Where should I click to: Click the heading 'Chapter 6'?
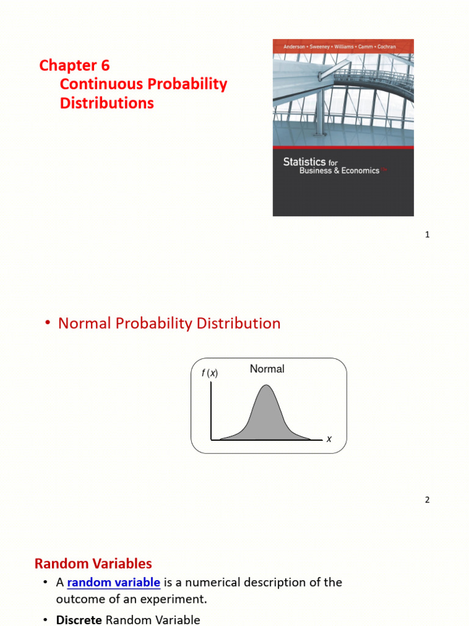(75, 65)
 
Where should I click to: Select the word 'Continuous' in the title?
(98, 84)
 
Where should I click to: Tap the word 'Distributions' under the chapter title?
(107, 103)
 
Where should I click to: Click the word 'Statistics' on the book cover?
(304, 162)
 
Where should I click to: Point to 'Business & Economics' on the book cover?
(339, 171)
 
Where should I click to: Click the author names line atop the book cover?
(343, 46)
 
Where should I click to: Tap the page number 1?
(427, 235)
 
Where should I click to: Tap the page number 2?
(427, 500)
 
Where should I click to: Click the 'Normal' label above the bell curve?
(267, 369)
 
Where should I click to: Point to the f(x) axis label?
(209, 374)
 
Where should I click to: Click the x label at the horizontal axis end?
(329, 439)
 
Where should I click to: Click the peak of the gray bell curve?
(266, 386)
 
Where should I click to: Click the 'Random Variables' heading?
(93, 563)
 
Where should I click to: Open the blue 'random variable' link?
(114, 583)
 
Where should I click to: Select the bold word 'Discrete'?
(79, 620)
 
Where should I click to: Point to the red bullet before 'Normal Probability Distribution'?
(47, 324)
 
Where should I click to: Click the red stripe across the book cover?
(343, 149)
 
